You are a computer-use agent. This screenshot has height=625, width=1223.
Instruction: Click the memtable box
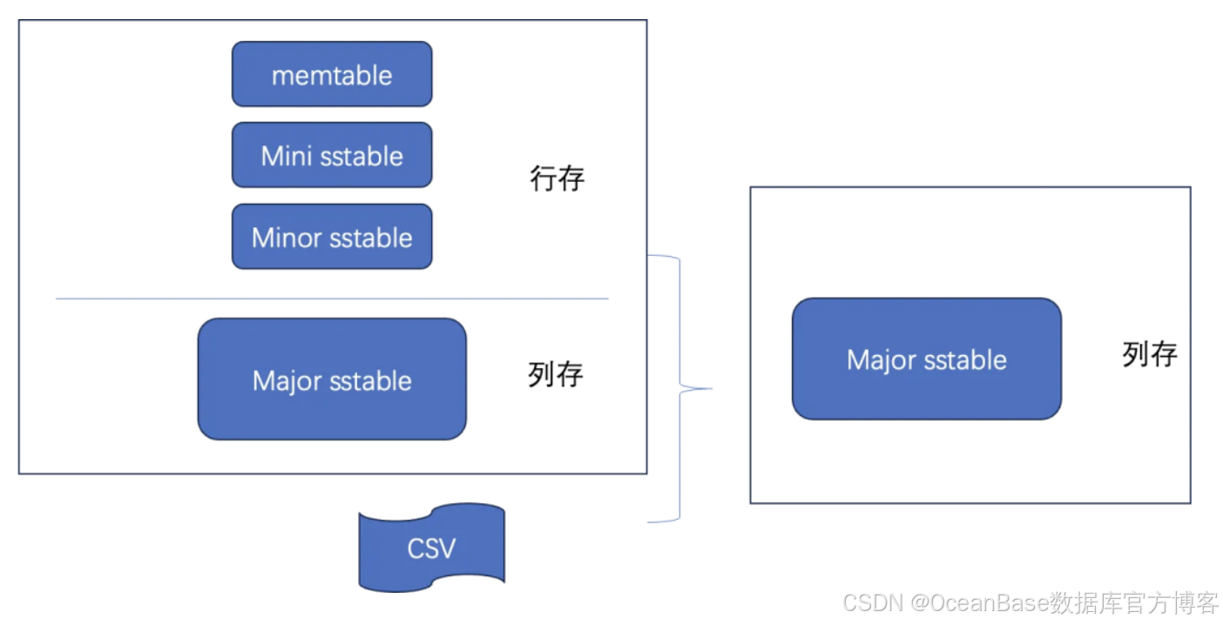click(x=332, y=75)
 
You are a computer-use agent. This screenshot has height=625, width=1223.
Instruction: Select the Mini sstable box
click(x=332, y=156)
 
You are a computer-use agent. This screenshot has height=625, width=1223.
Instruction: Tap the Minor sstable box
click(x=332, y=237)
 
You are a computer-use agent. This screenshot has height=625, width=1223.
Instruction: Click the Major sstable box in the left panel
click(x=332, y=380)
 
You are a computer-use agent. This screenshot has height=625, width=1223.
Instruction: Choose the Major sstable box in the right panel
click(x=926, y=360)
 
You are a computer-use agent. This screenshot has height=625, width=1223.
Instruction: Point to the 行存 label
click(x=557, y=179)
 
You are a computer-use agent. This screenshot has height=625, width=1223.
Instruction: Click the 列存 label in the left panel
click(x=556, y=374)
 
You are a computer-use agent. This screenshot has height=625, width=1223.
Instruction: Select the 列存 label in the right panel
click(x=1150, y=354)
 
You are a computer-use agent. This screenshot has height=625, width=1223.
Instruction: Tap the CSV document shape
click(x=432, y=548)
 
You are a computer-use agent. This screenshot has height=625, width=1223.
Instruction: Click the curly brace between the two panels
click(x=680, y=388)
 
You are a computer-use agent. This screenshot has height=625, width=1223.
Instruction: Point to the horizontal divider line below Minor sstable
click(x=332, y=299)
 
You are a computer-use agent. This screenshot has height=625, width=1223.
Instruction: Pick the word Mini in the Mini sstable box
click(x=286, y=157)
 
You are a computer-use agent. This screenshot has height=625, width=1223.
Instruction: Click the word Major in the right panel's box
click(x=879, y=360)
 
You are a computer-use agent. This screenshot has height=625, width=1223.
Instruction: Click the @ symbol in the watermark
click(x=920, y=602)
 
